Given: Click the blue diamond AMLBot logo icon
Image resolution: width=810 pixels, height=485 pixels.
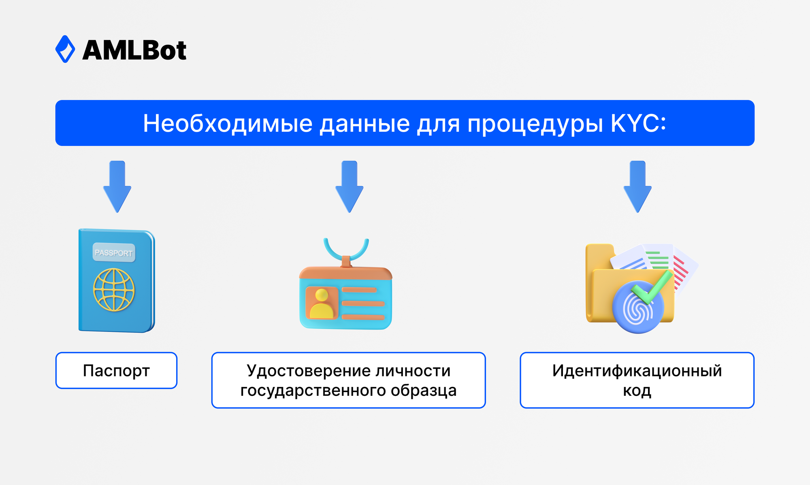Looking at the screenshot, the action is tap(65, 49).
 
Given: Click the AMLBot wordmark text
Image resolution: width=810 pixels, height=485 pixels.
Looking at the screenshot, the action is tap(134, 51).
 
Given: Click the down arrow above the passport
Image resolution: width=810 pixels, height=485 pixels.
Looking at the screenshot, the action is tap(117, 187).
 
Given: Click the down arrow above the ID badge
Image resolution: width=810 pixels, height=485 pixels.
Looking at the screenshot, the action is tap(349, 187).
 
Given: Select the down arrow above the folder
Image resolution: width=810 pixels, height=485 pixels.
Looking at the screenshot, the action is tap(637, 187).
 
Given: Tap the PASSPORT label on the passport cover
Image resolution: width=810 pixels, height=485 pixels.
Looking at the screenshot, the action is tap(114, 253).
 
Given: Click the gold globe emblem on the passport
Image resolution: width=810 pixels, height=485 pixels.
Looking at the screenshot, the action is tap(114, 290).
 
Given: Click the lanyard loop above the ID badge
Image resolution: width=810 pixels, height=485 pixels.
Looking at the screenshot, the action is tap(346, 248).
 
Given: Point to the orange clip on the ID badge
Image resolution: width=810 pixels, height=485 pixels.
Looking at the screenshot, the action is tap(346, 261).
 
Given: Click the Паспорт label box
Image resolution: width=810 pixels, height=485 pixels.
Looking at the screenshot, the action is tap(116, 370).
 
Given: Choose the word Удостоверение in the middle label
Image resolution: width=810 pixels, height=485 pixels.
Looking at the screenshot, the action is tap(308, 370).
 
